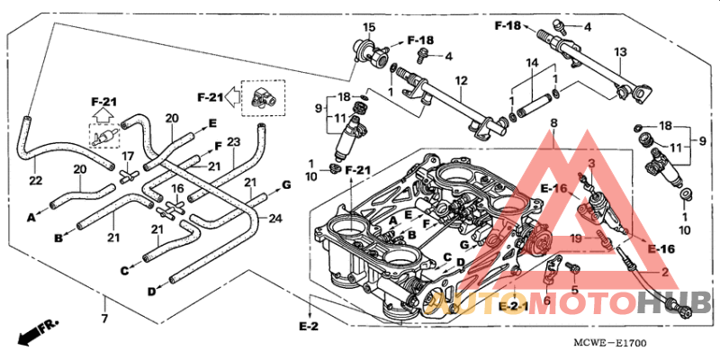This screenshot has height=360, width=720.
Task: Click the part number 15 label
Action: [368, 28]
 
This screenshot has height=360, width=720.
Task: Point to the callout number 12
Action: [461, 81]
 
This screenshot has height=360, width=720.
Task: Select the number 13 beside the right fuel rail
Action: [619, 52]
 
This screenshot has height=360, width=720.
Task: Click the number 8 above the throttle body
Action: [553, 122]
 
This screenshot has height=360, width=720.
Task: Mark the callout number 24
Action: [275, 217]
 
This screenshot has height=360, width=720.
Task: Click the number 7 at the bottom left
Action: [104, 319]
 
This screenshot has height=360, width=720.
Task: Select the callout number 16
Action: [178, 189]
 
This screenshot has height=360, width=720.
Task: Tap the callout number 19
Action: [575, 239]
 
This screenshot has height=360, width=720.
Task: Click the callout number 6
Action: [546, 300]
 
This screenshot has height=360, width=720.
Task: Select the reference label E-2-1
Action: [513, 307]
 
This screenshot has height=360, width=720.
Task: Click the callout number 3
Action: [592, 162]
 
